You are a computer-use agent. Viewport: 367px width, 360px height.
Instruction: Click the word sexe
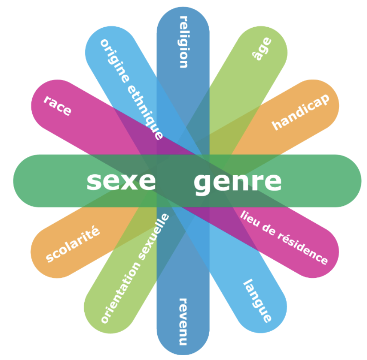click(121, 181)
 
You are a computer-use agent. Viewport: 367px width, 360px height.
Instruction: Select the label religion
click(184, 42)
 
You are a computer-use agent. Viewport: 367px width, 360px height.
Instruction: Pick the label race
click(57, 105)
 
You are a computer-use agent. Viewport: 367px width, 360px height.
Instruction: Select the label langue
click(258, 301)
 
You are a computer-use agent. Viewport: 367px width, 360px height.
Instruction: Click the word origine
click(114, 61)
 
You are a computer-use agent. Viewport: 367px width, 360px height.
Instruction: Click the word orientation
click(121, 293)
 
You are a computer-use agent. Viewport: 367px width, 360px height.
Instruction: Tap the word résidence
click(303, 249)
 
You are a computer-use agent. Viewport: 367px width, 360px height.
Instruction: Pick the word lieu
click(250, 219)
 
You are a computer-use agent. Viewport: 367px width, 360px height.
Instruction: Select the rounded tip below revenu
click(183, 355)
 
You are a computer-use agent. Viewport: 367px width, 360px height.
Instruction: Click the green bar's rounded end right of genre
click(361, 181)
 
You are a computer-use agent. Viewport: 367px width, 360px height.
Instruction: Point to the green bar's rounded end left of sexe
click(13, 181)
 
